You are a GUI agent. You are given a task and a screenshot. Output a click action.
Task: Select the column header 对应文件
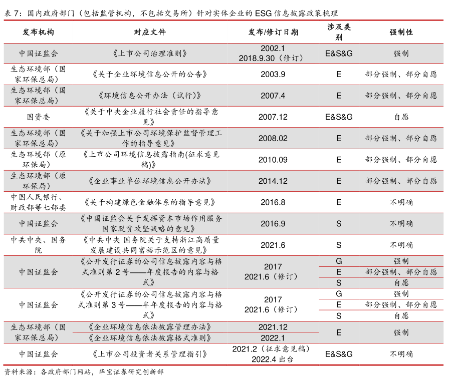[149, 32]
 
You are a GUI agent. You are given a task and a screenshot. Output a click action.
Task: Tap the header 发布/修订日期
[273, 32]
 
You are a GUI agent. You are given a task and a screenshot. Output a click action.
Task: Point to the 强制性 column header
[401, 32]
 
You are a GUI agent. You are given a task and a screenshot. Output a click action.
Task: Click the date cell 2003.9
[273, 74]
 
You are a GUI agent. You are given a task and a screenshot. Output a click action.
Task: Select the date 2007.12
[273, 117]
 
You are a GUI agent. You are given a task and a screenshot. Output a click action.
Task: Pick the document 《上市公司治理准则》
[149, 53]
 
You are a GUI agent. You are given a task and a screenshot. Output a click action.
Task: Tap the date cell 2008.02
[273, 138]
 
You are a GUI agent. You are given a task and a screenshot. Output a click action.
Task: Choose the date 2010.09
[273, 160]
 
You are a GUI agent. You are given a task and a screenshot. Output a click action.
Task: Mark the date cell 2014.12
[273, 181]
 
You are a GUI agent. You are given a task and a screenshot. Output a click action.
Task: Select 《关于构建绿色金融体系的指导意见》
[149, 202]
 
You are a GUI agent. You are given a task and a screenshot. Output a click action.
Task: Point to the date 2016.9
[273, 223]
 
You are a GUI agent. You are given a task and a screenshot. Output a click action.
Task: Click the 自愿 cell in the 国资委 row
[401, 117]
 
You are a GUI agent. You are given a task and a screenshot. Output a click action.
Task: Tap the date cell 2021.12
[273, 326]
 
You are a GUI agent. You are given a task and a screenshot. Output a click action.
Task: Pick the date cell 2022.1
[273, 338]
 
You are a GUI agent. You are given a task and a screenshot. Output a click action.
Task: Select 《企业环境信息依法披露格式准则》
[149, 338]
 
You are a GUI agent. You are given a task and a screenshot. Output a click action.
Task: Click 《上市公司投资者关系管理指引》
[149, 354]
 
